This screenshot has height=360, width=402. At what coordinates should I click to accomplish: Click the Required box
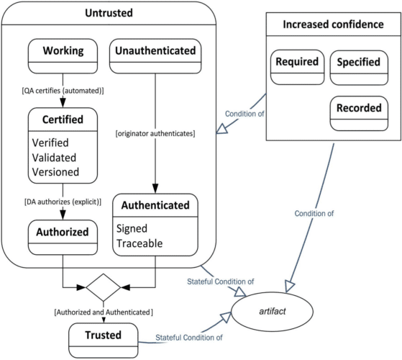(x=296, y=67)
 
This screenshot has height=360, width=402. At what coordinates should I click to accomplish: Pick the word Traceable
(x=140, y=243)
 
